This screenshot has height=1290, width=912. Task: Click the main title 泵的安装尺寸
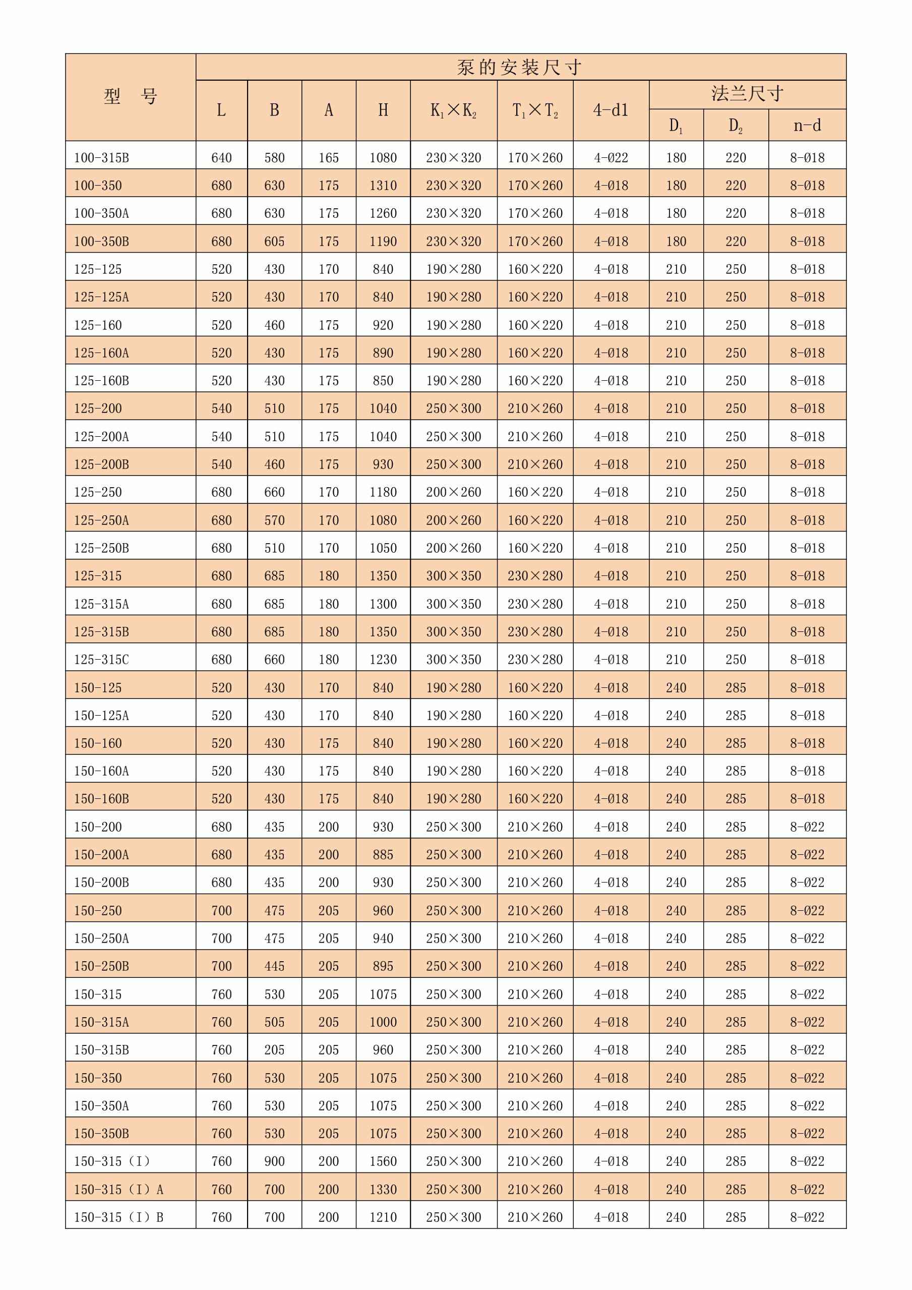(519, 68)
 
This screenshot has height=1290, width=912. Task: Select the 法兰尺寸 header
(747, 94)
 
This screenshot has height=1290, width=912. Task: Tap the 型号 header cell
(130, 97)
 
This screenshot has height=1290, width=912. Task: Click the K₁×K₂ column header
(453, 110)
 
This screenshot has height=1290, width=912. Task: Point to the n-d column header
(807, 125)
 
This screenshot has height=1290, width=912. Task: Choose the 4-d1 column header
(611, 110)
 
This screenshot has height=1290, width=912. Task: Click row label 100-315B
(102, 158)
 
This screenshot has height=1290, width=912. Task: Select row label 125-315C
(102, 660)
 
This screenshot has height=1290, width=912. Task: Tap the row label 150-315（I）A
(118, 1190)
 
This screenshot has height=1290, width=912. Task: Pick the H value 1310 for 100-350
(383, 186)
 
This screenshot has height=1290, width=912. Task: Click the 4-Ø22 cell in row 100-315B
(611, 158)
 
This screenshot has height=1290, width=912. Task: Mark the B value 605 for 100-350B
(275, 242)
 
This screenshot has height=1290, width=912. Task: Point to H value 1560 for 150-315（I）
(383, 1161)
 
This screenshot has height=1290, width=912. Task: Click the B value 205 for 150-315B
(275, 1050)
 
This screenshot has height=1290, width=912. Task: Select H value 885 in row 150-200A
(383, 855)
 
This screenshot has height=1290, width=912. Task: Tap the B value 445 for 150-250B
(275, 966)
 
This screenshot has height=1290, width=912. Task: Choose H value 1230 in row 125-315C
(383, 660)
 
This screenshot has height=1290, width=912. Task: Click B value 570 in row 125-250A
(275, 520)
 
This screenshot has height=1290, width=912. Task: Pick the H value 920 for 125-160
(383, 325)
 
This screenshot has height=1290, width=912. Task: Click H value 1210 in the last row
(383, 1217)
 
